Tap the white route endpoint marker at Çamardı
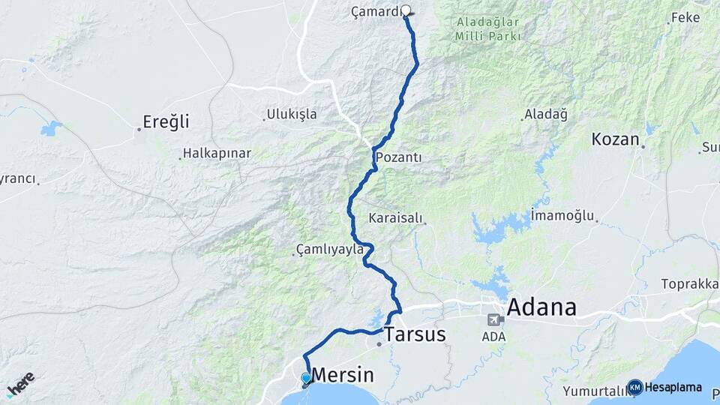point(406,10)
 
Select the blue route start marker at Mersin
point(305,378)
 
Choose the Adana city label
point(542,307)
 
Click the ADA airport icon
point(495,319)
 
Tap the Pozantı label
point(398,157)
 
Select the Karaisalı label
point(396,219)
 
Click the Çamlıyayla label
point(330,248)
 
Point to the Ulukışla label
point(292,115)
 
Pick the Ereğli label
point(166,121)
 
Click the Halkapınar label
point(217,153)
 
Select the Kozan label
point(615,139)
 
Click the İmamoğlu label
point(562,215)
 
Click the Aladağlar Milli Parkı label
point(487,28)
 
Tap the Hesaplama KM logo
point(664,387)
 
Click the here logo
point(20,383)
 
